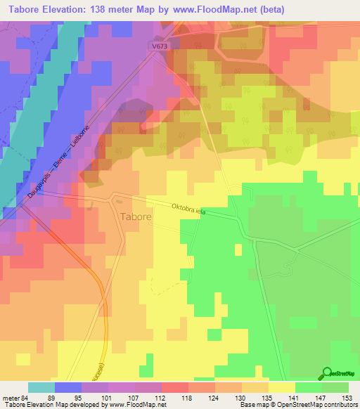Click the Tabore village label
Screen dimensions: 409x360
point(136,217)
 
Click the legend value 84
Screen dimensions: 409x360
point(26,398)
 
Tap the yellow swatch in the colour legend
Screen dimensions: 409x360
point(282,387)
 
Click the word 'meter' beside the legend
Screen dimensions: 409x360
point(11,398)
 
